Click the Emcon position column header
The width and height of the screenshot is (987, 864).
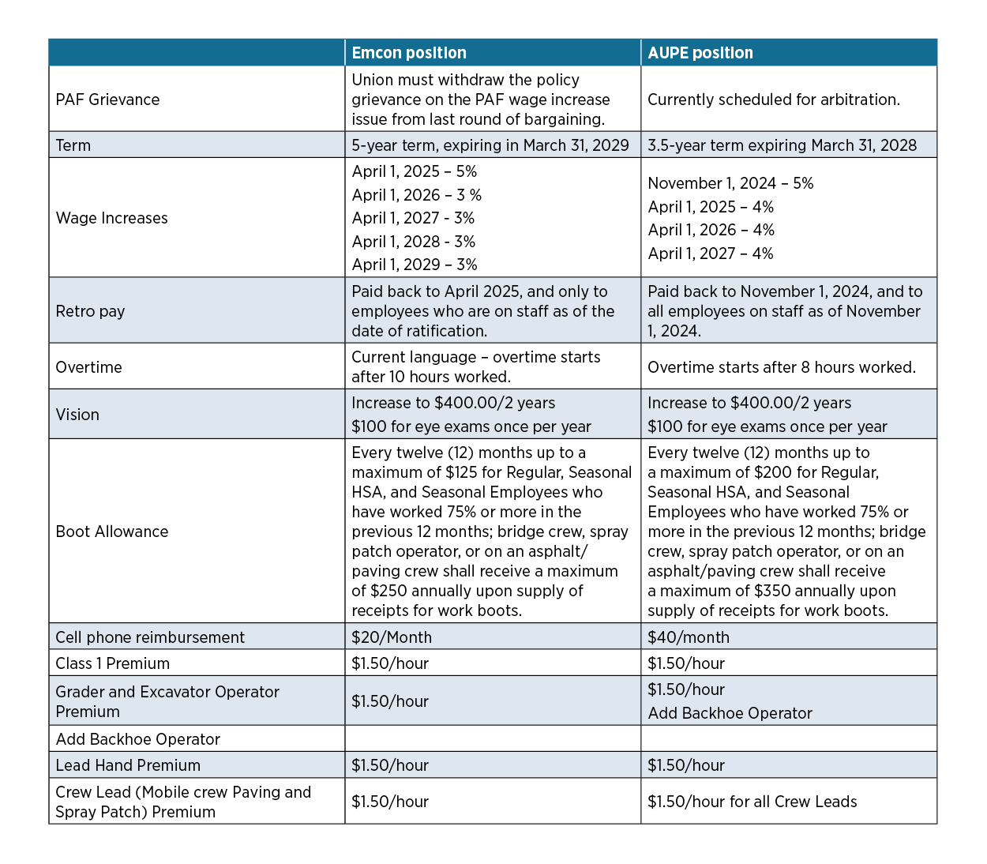click(x=409, y=53)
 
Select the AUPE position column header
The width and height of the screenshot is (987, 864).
click(x=700, y=53)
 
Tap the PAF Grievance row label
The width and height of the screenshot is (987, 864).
click(x=107, y=100)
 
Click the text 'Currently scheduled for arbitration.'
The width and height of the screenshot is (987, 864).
click(x=773, y=100)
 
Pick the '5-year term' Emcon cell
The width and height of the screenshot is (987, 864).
click(x=490, y=145)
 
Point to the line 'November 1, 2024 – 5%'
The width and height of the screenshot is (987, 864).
click(x=730, y=183)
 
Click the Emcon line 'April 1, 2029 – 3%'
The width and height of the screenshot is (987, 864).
click(x=415, y=265)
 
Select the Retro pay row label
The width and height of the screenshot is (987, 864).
click(x=90, y=311)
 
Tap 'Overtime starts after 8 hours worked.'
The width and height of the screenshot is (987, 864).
click(x=781, y=367)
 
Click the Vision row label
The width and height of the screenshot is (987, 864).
click(x=77, y=415)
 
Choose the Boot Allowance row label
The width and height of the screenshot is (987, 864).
click(x=112, y=532)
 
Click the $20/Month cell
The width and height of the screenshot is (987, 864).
click(x=392, y=637)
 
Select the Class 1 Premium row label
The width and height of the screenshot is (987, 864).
click(x=112, y=663)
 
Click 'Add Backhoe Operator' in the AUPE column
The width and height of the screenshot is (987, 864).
click(x=730, y=713)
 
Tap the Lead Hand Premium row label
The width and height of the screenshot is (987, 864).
click(x=128, y=765)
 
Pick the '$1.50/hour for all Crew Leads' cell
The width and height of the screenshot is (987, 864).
click(x=752, y=802)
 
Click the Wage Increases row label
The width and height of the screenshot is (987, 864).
click(x=111, y=218)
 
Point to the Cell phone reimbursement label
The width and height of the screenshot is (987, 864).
click(x=150, y=637)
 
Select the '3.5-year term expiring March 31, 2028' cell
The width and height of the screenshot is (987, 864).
click(x=782, y=145)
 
